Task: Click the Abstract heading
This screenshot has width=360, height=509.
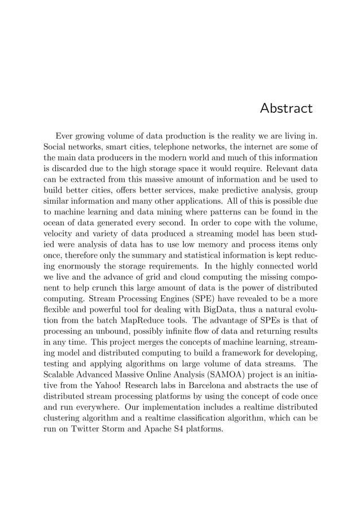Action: [x=286, y=108]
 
